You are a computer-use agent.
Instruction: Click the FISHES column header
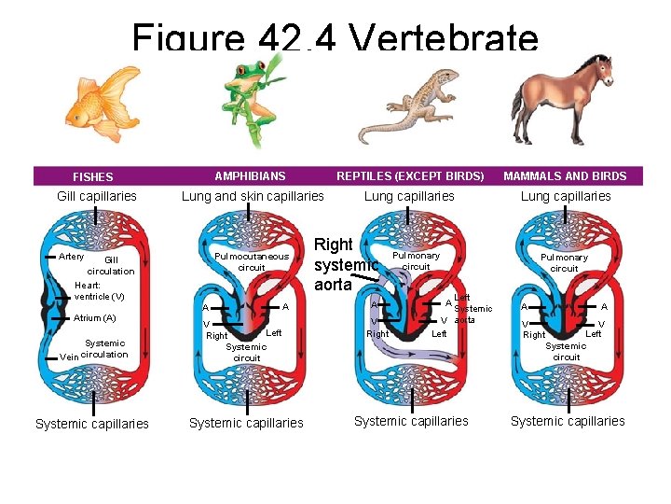(93, 176)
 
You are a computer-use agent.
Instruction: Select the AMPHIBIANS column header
(250, 175)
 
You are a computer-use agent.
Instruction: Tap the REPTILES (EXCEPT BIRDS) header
(410, 175)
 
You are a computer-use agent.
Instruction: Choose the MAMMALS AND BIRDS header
(565, 175)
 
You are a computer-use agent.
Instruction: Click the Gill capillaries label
(97, 196)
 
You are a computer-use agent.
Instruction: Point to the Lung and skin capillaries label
(253, 196)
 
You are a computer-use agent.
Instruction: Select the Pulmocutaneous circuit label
(252, 261)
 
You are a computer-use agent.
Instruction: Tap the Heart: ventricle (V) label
(99, 291)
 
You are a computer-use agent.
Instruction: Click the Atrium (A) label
(94, 318)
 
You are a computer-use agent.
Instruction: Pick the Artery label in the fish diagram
(71, 257)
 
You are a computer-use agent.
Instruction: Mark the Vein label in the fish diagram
(68, 357)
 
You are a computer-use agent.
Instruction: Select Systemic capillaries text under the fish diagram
(91, 424)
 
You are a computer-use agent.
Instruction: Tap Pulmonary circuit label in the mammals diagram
(564, 262)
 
